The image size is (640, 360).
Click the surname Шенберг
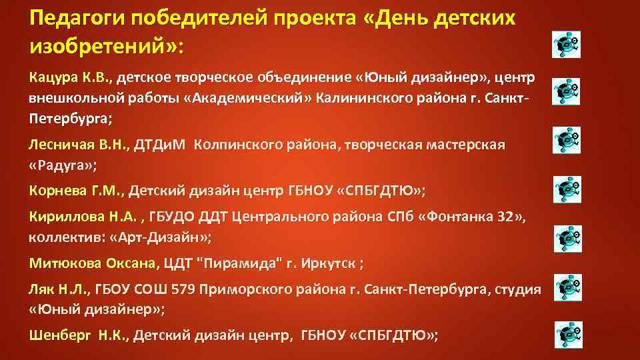[58, 335]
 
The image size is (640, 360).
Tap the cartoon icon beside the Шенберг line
[567, 333]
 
